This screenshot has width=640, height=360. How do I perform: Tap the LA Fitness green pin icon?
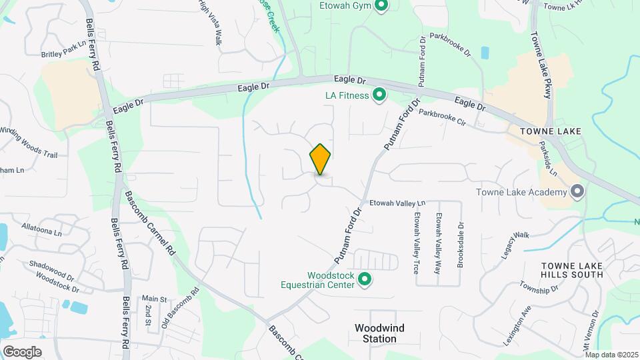coord(379,95)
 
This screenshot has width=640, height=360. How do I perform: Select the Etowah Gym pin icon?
coord(381,6)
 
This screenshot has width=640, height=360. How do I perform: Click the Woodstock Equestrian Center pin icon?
coord(364,279)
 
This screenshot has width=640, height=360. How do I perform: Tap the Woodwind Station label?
coord(379,333)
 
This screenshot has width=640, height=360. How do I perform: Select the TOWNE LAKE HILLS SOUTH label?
coord(571,270)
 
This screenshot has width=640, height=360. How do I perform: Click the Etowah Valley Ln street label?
coord(397,203)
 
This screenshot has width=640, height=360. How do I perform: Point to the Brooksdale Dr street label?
coord(461,245)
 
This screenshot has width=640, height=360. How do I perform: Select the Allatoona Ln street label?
coord(41,230)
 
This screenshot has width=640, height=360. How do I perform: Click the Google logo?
coord(21,351)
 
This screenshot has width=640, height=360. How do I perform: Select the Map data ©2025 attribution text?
coord(611,355)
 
